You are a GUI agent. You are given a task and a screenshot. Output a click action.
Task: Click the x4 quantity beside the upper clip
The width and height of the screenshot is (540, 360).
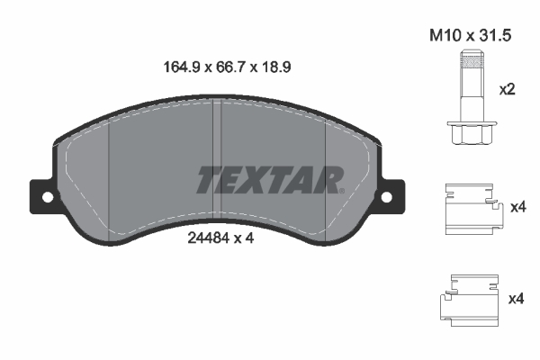[x=517, y=208]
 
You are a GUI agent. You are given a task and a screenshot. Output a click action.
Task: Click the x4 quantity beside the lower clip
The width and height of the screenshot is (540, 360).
[x=517, y=298]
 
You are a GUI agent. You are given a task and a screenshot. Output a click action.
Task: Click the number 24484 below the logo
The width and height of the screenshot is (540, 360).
[x=206, y=239]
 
